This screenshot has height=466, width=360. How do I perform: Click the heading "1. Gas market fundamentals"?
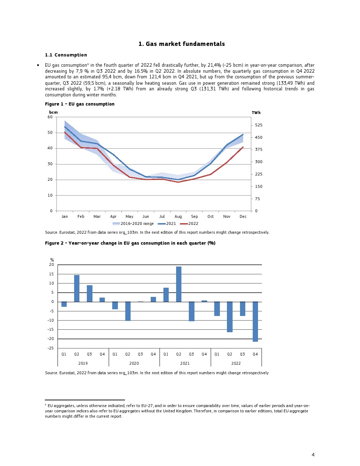181,44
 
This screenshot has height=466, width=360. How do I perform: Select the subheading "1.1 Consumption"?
66,55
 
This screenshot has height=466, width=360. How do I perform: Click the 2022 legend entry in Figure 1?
189,224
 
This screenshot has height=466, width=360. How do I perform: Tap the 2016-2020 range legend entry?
133,224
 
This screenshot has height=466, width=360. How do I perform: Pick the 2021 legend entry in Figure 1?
167,224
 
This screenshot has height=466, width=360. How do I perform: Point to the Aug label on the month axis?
178,217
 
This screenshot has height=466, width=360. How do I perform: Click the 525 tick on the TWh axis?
259,125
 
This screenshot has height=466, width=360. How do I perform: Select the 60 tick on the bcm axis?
50,117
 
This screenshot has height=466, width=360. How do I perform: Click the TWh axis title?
256,113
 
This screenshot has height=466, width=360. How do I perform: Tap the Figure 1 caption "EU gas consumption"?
80,104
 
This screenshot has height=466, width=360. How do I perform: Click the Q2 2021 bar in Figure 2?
179,284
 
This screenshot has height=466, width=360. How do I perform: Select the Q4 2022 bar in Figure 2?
255,322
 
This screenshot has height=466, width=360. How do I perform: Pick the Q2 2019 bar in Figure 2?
77,288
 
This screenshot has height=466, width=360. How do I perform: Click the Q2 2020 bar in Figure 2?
128,311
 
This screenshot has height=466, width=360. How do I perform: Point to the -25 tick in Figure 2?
51,348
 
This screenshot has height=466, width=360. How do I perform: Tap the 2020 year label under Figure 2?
134,364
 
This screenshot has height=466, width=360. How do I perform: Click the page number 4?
313,455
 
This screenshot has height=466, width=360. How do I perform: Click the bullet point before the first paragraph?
38,65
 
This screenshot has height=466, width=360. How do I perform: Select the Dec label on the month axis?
243,217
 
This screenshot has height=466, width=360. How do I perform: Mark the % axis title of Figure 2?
52,260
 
